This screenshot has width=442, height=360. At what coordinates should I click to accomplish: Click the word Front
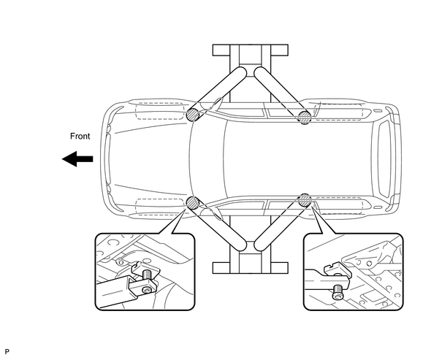80,137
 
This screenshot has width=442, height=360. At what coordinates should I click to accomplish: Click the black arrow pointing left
77,159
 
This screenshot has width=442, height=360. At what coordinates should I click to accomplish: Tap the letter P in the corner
7,351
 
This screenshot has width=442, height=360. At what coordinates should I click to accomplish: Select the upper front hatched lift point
193,115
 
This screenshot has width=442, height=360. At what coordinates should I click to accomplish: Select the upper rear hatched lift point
305,117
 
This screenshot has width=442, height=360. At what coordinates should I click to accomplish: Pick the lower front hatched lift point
193,203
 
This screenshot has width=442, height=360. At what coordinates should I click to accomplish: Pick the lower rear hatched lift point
305,200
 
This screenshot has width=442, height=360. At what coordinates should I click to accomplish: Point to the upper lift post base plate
251,50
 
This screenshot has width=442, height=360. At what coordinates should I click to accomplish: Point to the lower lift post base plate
251,267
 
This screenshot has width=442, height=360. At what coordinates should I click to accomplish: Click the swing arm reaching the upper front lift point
217,93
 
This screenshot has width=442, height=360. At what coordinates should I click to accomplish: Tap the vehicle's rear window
384,159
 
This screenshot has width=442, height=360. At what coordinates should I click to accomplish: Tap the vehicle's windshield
207,159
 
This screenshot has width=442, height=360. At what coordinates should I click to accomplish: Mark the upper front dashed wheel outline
159,111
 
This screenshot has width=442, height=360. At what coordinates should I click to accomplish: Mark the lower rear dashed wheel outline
338,206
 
